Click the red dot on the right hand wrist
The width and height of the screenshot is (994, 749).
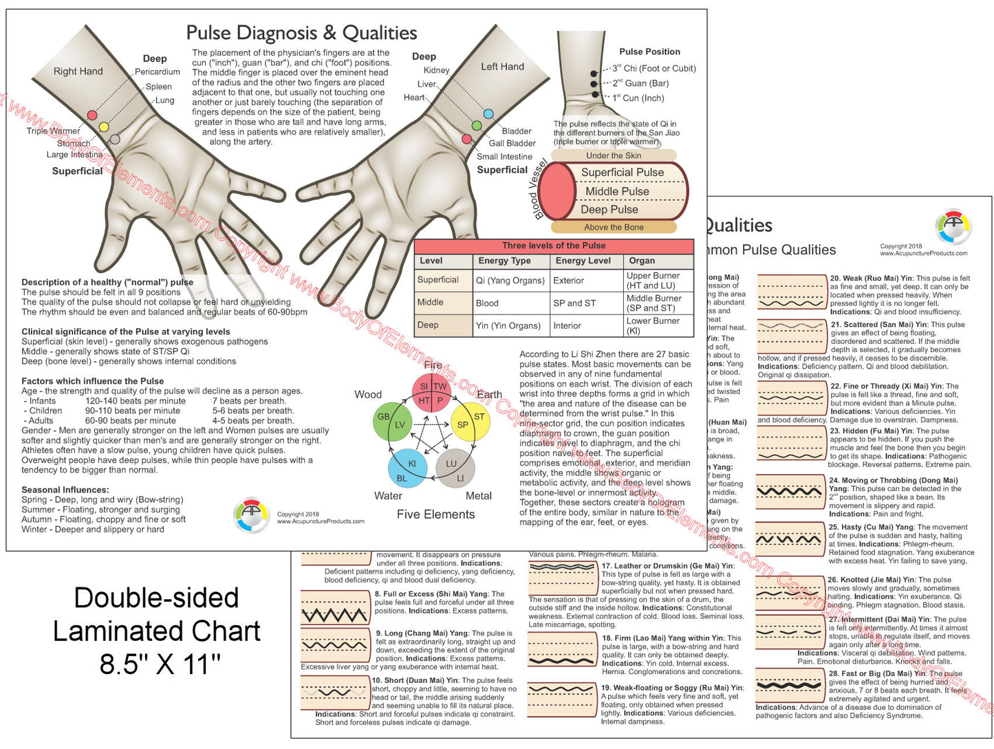pos(91,115)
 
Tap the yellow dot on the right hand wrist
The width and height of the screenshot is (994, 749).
pos(104,127)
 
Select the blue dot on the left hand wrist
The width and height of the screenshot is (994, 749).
pos(488,113)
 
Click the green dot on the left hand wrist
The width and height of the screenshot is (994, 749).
pos(476,126)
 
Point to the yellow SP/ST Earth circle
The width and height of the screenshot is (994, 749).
pos(470,422)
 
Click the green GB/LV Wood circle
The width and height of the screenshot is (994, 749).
pos(392,422)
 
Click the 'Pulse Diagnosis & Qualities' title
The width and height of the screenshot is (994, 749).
pos(301,32)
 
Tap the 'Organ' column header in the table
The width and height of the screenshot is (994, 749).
pos(642,261)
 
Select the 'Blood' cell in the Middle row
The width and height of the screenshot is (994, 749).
pos(487,303)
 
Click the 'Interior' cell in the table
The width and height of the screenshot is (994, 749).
pos(568,325)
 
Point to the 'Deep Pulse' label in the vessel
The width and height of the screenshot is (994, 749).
pos(609,209)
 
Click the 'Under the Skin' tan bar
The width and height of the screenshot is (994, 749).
pos(614,155)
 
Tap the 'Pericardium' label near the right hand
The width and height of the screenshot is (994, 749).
pos(158,72)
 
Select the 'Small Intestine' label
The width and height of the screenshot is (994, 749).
pos(504,156)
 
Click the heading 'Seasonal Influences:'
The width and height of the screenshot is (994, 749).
pos(65,490)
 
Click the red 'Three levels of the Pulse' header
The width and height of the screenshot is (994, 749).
pos(554,246)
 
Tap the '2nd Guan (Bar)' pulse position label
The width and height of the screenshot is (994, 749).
pos(640,83)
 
